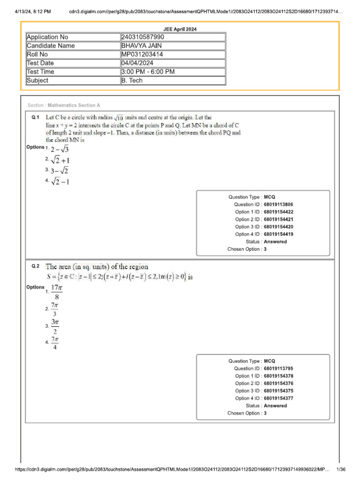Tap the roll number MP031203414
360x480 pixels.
(x=142, y=54)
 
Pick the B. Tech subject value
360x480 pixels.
(x=132, y=81)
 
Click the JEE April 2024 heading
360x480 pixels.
(x=180, y=29)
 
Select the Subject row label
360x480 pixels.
(x=37, y=81)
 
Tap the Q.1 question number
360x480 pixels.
(x=36, y=117)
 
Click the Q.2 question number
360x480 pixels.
(x=36, y=266)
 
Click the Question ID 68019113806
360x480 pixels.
(x=279, y=204)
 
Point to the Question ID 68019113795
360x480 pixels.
(x=279, y=368)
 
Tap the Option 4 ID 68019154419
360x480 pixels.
(x=279, y=234)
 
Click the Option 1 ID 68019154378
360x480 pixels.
(x=279, y=376)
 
